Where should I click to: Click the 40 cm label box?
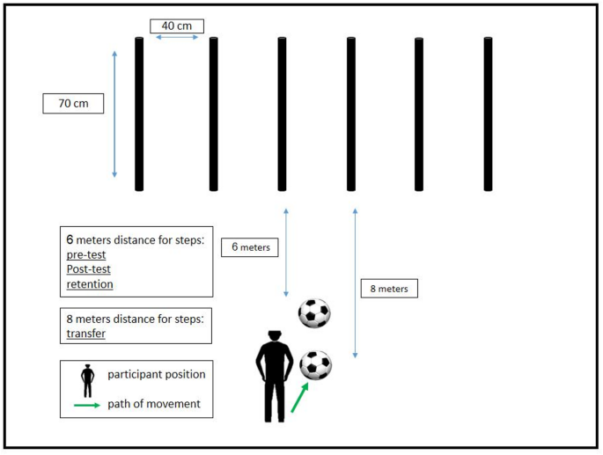(176, 26)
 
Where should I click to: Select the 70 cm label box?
(73, 104)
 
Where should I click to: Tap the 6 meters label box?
(250, 247)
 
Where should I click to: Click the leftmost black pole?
(139, 114)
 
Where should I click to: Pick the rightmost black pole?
(487, 114)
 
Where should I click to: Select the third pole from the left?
(282, 114)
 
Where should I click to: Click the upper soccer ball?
(314, 312)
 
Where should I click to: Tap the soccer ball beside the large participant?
(315, 364)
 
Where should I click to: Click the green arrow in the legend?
(87, 405)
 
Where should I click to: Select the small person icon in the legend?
(86, 379)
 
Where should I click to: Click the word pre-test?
(85, 253)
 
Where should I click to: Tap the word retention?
(90, 284)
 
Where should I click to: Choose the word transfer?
(86, 334)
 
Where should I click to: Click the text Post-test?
(88, 269)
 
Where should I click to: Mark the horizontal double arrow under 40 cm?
(176, 38)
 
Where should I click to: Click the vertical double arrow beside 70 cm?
(115, 114)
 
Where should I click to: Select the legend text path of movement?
(156, 404)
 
